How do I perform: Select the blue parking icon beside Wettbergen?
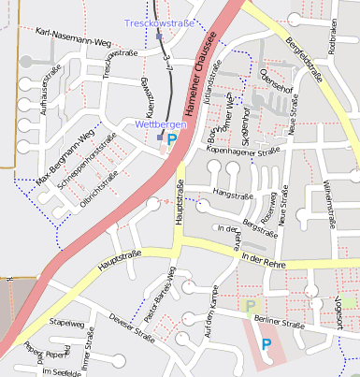(x=171, y=138)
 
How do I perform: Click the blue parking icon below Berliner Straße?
(x=266, y=344)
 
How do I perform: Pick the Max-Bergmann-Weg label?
(x=65, y=156)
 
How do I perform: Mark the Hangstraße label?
(x=234, y=193)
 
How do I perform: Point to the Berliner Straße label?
(x=281, y=325)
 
